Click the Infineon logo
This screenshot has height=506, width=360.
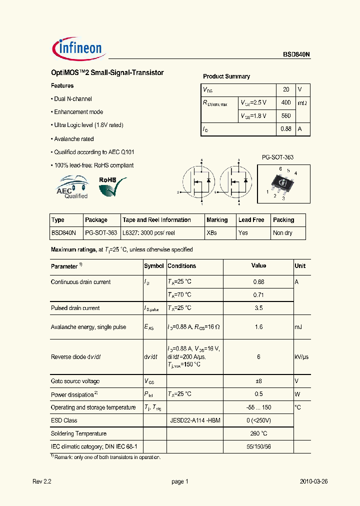(x=77, y=48)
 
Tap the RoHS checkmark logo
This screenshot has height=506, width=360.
(x=111, y=186)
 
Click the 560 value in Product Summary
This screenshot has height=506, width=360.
(x=286, y=115)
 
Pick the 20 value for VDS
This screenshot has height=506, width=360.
(x=286, y=89)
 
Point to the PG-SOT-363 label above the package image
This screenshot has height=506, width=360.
(x=277, y=157)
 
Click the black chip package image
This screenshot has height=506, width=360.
(x=283, y=183)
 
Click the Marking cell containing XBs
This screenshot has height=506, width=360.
(x=211, y=233)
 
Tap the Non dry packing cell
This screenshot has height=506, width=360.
(x=282, y=233)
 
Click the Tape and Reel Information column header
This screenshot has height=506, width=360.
(x=156, y=220)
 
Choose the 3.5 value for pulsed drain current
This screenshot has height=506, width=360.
(x=258, y=308)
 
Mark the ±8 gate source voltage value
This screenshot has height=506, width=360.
(x=258, y=381)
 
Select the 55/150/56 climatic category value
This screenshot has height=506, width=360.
(x=258, y=446)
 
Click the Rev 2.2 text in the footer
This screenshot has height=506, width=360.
(x=42, y=482)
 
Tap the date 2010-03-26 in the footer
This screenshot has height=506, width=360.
(x=313, y=482)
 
